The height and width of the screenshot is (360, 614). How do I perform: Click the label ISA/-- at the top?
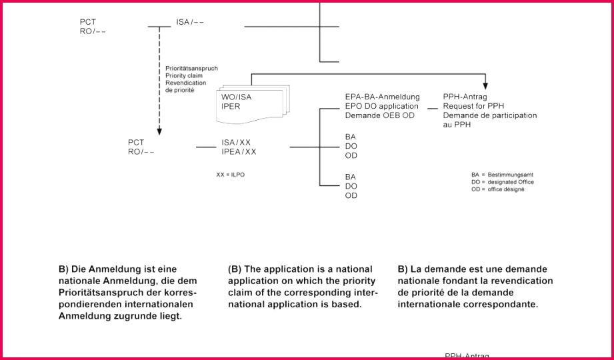point(190,22)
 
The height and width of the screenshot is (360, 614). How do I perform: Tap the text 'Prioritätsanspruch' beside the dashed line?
point(191,69)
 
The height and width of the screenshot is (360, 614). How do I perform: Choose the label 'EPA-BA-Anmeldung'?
point(382,97)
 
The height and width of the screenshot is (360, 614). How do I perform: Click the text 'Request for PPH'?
point(473,106)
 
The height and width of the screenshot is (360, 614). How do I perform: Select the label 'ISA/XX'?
point(236,143)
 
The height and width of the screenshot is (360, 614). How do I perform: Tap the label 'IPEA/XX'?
point(239,152)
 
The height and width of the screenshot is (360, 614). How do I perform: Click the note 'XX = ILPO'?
point(226,174)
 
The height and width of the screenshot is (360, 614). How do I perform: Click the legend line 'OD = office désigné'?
point(498,189)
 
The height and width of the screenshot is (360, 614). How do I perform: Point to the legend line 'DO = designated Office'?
point(503,182)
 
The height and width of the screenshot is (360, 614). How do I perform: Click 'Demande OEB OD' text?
point(380,115)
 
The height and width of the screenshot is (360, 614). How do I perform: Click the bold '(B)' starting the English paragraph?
point(235,269)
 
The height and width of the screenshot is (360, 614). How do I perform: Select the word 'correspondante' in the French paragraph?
point(505,305)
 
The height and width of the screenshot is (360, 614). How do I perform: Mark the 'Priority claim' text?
point(184,76)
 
